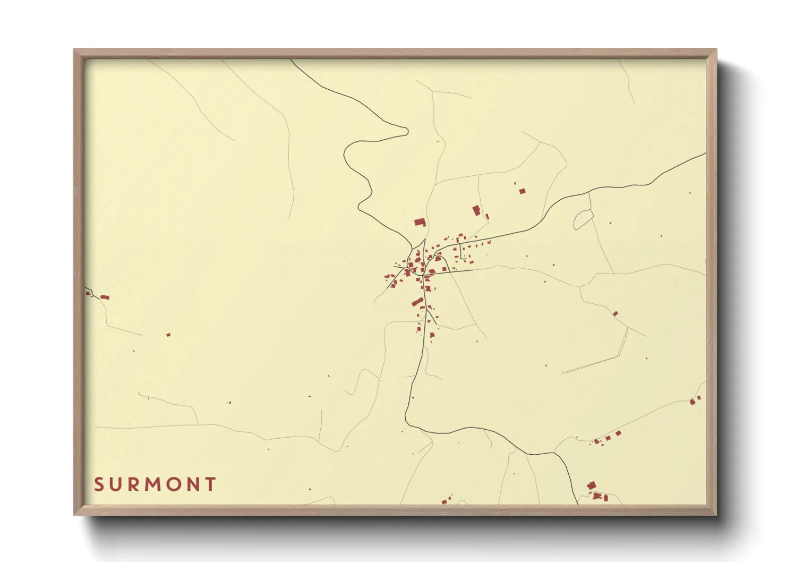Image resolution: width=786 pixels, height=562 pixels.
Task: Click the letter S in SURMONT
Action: coord(98,484)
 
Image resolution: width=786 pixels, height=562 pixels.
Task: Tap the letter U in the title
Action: coord(117,484)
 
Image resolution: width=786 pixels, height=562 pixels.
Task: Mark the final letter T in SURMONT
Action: coord(211,484)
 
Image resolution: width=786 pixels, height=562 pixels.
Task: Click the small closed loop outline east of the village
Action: coord(583,218)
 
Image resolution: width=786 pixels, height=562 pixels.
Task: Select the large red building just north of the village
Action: coord(420,222)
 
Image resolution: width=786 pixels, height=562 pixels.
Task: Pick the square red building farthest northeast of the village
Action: coord(522,191)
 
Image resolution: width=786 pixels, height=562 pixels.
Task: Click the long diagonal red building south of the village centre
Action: coord(417,302)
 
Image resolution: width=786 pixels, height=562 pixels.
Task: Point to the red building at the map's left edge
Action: coord(105,297)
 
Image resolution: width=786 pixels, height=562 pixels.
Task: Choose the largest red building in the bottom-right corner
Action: coord(591,485)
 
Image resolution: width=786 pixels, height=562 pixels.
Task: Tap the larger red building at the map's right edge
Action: coord(693,402)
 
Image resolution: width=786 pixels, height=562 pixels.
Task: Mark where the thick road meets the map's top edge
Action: coord(291,59)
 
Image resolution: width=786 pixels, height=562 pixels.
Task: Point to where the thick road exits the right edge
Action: coord(705,153)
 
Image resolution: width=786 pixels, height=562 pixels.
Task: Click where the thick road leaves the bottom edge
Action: coord(577,504)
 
